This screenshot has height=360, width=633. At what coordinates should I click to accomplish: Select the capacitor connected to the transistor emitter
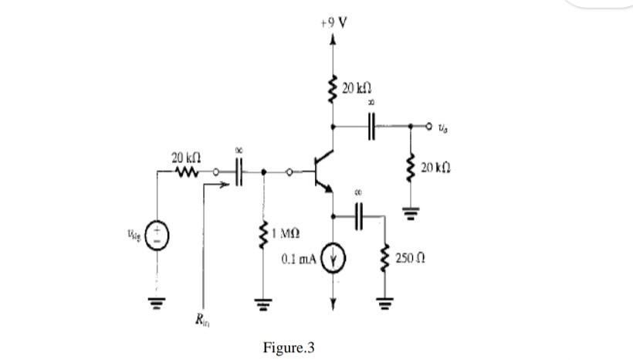coord(359,216)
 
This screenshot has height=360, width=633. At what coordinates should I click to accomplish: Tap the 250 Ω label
coord(410,256)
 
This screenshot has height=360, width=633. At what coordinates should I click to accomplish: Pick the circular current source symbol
coord(333,260)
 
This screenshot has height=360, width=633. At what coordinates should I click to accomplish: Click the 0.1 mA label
coord(300,260)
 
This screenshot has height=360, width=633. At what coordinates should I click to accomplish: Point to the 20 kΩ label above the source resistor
coord(185,158)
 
